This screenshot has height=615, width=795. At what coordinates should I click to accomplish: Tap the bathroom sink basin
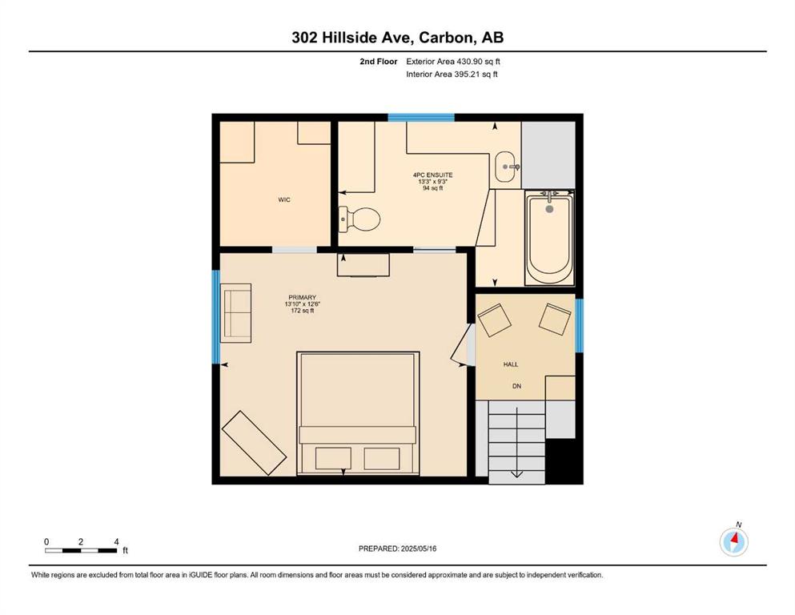pyautogui.click(x=508, y=167)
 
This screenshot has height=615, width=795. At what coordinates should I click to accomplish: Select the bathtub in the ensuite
pyautogui.click(x=549, y=237)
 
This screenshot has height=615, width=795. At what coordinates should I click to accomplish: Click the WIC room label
pyautogui.click(x=284, y=199)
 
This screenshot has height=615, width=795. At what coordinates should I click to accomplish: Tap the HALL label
pyautogui.click(x=511, y=364)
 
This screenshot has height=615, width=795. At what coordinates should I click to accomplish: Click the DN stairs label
pyautogui.click(x=516, y=386)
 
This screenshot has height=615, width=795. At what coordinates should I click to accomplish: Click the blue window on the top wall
pyautogui.click(x=421, y=118)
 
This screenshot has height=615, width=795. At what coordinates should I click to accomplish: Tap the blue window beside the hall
pyautogui.click(x=579, y=325)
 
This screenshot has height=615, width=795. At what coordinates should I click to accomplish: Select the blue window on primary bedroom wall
pyautogui.click(x=215, y=317)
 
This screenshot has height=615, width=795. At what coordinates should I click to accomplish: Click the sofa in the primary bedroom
pyautogui.click(x=235, y=313)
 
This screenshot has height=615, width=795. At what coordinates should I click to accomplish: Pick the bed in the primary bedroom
pyautogui.click(x=358, y=413)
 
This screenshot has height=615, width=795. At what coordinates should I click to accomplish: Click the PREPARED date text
pyautogui.click(x=397, y=549)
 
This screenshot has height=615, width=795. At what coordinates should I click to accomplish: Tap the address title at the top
pyautogui.click(x=397, y=38)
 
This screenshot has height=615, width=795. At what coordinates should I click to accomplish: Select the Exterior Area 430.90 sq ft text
pyautogui.click(x=453, y=62)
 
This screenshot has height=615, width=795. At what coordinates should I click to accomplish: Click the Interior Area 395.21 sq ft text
pyautogui.click(x=452, y=74)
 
